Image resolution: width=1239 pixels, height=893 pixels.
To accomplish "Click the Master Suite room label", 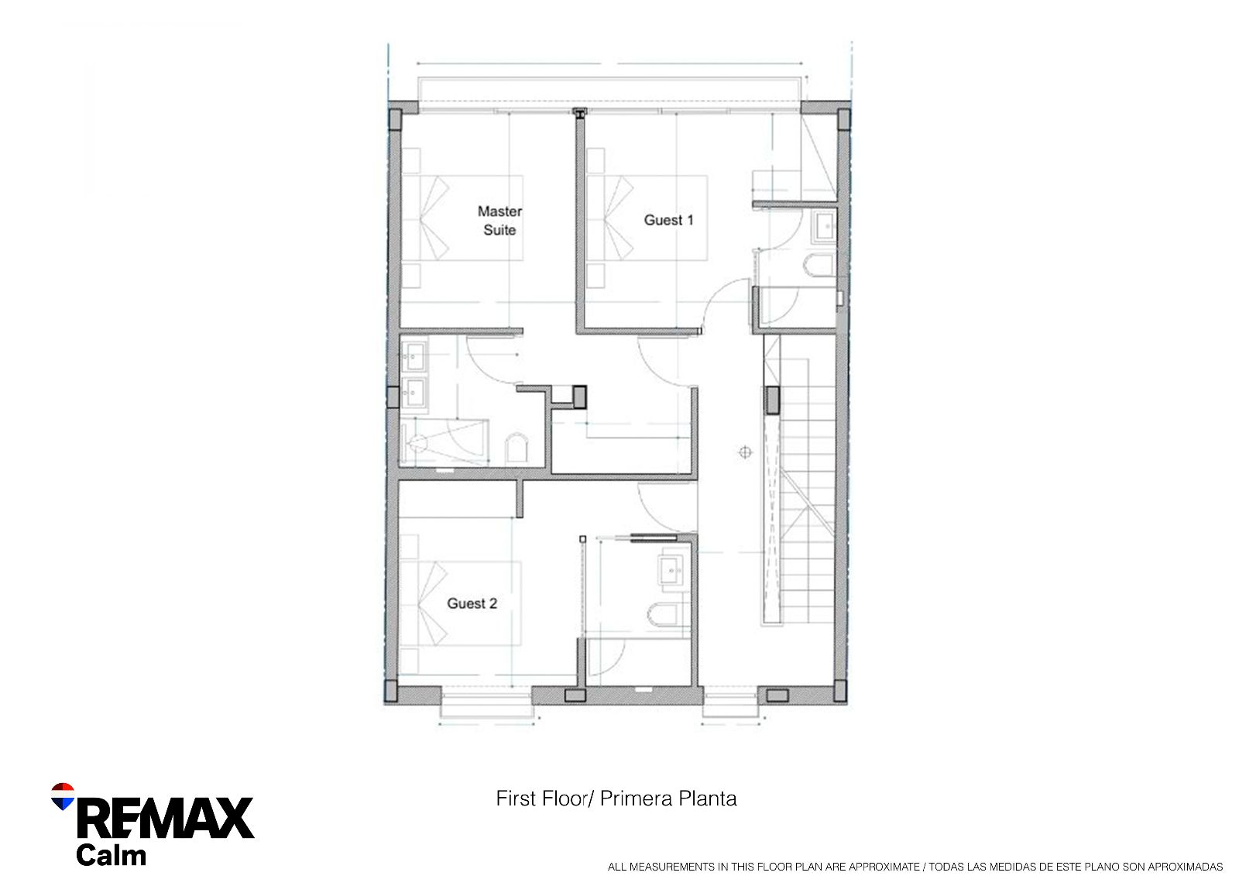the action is (x=499, y=220).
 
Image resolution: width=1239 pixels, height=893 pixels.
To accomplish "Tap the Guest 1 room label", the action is (x=668, y=220).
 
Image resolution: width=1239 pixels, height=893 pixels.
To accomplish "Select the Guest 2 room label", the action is (x=472, y=603).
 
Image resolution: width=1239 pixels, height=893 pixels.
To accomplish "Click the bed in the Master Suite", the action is (x=462, y=218).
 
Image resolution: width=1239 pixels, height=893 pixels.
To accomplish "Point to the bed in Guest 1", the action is (x=647, y=218).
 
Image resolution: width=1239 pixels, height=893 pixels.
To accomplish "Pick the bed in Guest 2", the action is (x=460, y=603).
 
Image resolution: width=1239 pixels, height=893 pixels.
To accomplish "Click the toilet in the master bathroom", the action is (x=517, y=448).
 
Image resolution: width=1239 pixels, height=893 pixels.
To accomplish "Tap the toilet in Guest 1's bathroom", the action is (x=819, y=266).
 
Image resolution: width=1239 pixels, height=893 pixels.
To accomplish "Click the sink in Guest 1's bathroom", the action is (x=824, y=226).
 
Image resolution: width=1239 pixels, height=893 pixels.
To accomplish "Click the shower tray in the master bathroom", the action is (x=444, y=442).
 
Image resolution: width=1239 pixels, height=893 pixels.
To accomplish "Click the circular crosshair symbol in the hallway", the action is (x=745, y=452).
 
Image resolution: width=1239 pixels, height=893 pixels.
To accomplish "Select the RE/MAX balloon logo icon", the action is (x=63, y=796).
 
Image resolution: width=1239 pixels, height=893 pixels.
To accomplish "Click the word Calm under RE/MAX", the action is (x=112, y=855).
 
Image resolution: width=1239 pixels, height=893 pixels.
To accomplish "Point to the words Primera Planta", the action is (x=668, y=799).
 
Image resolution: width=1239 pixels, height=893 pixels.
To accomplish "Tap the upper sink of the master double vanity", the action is (x=414, y=355).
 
